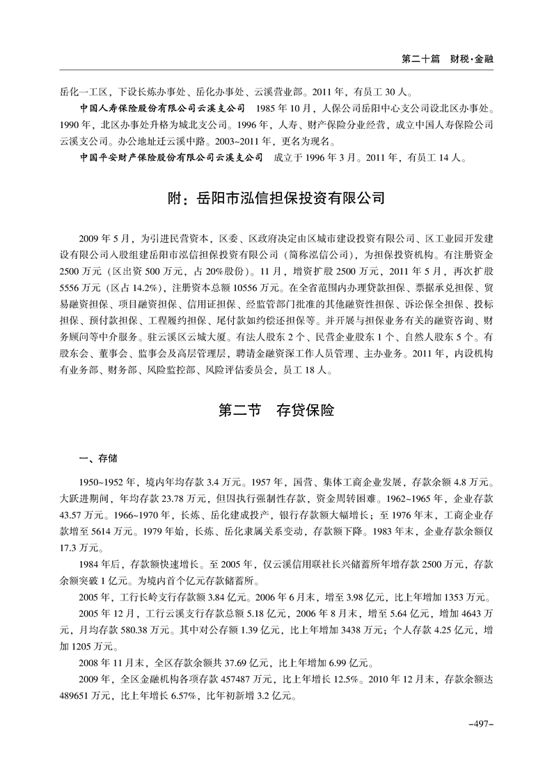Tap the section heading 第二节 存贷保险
click(x=276, y=411)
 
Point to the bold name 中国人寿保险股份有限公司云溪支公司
click(x=164, y=109)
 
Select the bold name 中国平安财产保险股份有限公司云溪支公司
click(x=172, y=157)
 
